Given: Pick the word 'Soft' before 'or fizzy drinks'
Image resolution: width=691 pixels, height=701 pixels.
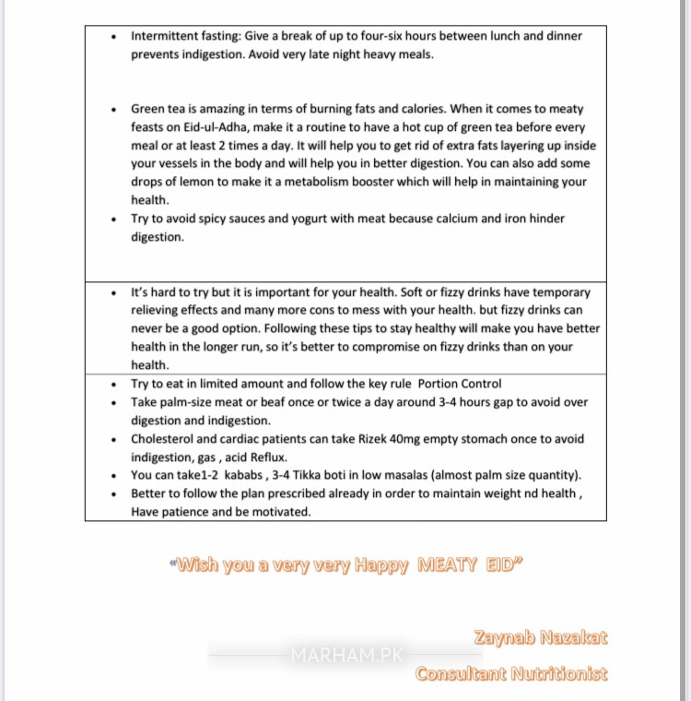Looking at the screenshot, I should (427, 292).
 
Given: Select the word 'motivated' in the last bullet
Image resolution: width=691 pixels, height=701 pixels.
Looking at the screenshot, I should (281, 513).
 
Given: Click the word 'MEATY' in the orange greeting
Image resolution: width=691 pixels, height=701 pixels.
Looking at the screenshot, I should (449, 565).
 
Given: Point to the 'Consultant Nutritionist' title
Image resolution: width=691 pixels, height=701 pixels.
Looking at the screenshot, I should (511, 673).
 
